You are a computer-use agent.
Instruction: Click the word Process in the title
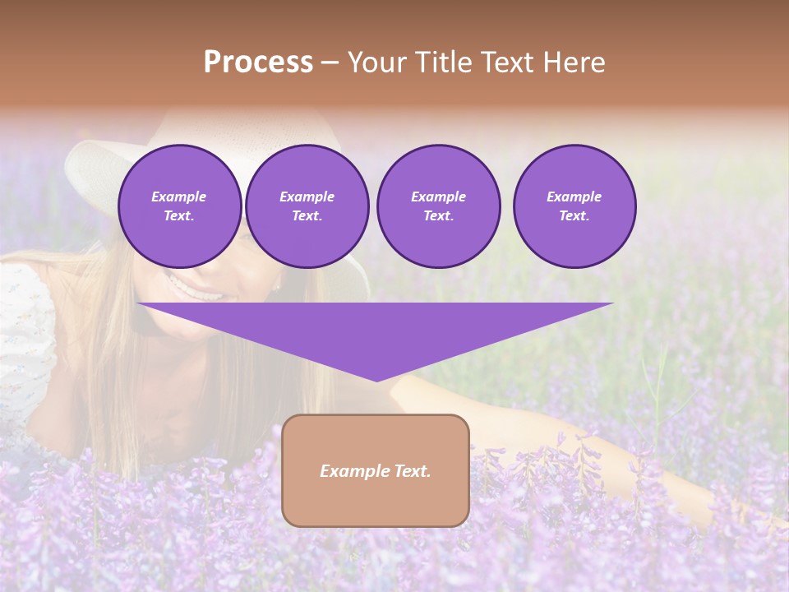click(258, 62)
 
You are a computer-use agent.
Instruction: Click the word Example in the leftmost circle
click(179, 197)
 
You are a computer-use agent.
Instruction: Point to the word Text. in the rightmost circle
click(574, 215)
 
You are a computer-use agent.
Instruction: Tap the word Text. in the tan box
click(412, 471)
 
